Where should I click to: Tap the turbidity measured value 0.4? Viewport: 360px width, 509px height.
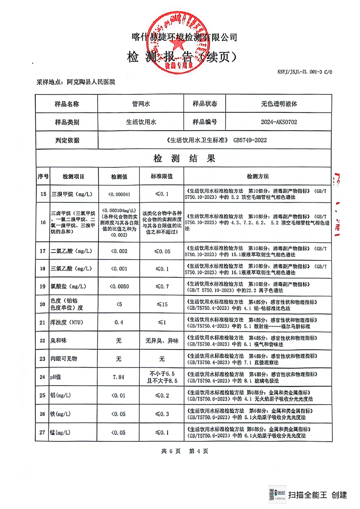point(119,322)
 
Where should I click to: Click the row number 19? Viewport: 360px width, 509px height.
point(43,286)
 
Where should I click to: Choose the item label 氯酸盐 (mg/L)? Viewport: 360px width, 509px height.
point(72,286)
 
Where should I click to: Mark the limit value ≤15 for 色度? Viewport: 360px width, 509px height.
point(162,304)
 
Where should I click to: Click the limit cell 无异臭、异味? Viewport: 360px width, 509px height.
point(162,341)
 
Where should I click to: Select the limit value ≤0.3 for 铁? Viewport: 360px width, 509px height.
point(162,414)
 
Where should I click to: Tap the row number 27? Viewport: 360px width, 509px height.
point(43,432)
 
